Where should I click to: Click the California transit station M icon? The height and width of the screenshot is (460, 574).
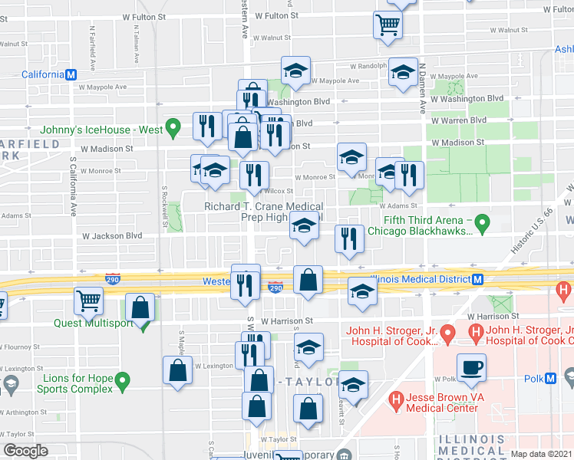click(71, 74)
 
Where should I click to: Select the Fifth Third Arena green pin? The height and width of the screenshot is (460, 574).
click(483, 223)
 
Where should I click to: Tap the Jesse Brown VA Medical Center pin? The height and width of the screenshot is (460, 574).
click(397, 399)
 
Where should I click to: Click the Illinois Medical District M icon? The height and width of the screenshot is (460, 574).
click(477, 280)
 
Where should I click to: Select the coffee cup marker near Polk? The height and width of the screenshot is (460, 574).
click(471, 368)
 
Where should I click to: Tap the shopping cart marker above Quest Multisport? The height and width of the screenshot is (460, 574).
click(89, 301)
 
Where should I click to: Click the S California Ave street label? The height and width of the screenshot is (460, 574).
click(74, 186)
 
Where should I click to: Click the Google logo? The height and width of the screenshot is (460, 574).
click(26, 451)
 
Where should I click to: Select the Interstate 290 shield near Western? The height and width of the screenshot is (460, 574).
click(276, 287)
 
